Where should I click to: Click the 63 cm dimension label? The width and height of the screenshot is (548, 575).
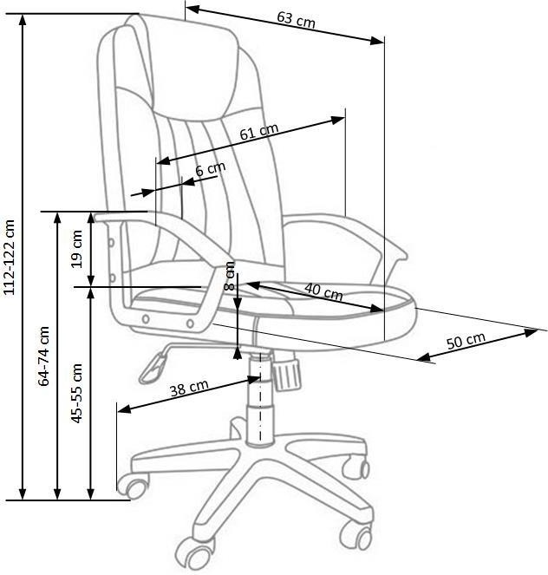point(296,19)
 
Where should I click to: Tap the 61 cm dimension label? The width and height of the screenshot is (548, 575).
point(259,132)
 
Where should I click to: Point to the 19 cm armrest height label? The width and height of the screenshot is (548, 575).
point(77,249)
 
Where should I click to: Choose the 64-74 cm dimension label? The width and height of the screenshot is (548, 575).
point(43,356)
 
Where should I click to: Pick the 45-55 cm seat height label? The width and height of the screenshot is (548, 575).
point(76,393)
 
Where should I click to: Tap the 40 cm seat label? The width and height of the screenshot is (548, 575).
point(323,291)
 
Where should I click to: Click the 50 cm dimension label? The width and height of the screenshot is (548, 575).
point(466,341)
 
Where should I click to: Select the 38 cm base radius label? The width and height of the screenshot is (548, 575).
point(189,388)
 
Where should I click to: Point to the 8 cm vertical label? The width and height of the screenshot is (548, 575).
point(229,276)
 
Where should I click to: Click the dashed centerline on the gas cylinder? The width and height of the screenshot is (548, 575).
point(260,396)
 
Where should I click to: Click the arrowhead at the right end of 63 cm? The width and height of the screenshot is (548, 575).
point(376,41)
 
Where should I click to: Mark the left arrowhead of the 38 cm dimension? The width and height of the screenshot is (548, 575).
point(125,408)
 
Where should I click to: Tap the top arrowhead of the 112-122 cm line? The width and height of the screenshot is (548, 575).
point(23,22)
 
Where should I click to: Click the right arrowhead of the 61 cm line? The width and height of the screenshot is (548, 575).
point(337,120)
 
